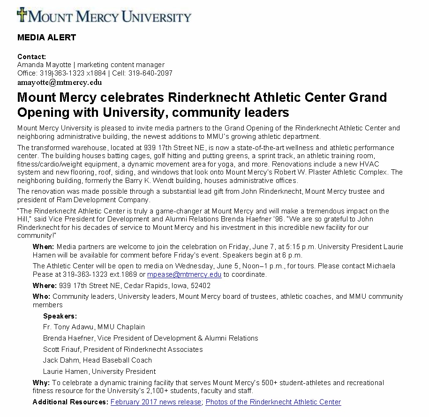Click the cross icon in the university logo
point(22,14)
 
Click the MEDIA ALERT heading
point(46,38)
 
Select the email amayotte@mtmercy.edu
point(60,83)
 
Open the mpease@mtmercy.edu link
point(184,274)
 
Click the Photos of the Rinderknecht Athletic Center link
point(273,402)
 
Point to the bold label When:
point(44,247)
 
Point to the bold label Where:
point(45,286)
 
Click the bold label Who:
point(41,296)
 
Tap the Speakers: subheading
point(60,316)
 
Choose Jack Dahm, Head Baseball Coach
point(98,360)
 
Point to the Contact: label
point(32,56)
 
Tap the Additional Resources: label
point(70,402)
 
